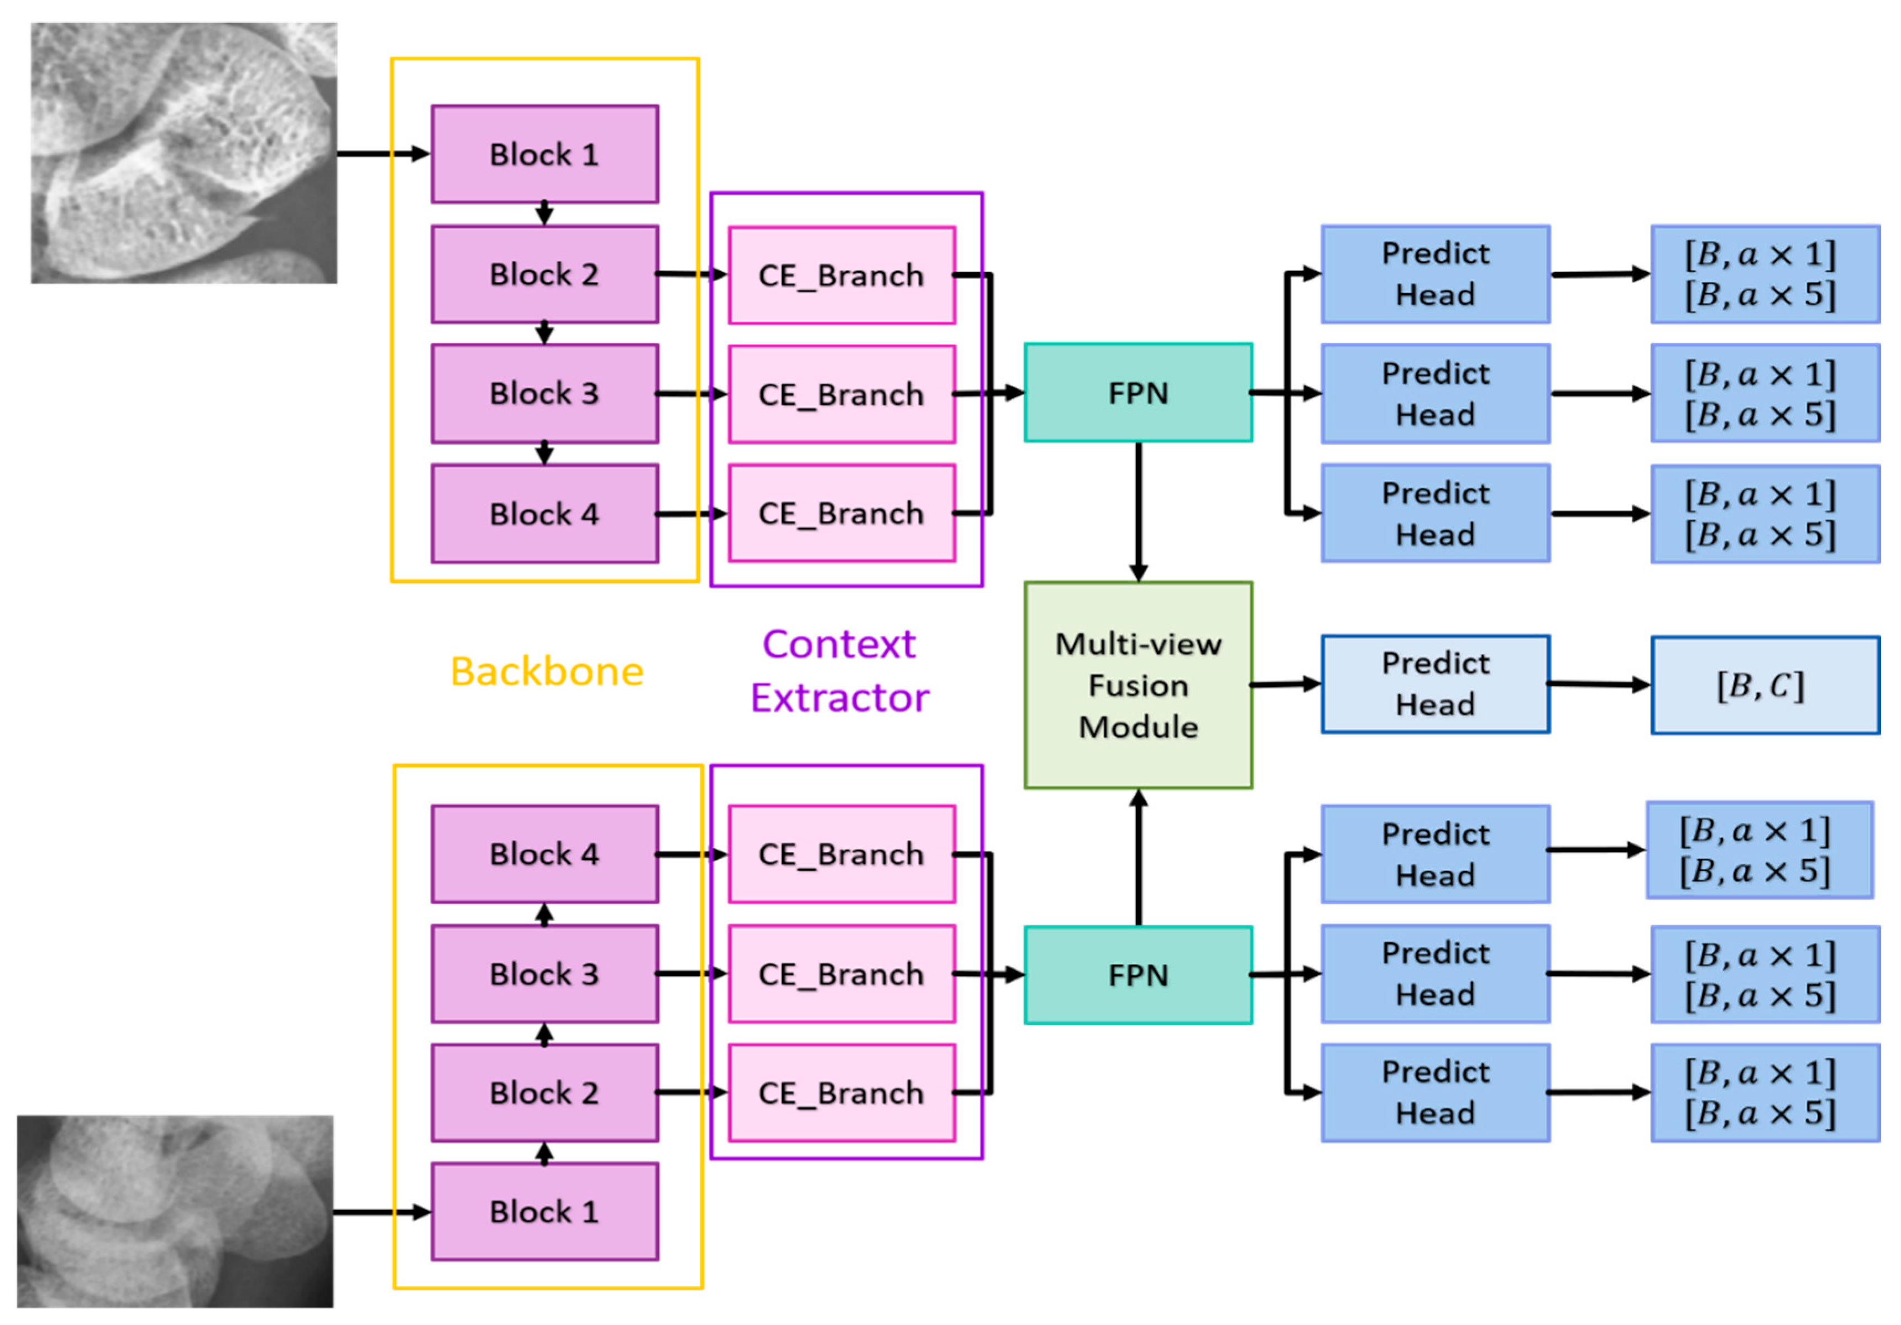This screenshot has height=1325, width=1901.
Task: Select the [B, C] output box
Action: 1764,685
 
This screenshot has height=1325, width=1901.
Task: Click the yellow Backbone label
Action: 547,671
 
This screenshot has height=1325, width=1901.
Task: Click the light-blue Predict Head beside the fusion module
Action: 1435,684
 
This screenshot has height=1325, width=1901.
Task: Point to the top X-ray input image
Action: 184,153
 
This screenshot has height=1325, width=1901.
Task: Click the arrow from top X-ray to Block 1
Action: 383,154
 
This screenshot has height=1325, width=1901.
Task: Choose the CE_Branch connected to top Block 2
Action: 841,275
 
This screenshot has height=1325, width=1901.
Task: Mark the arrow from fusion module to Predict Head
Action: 1285,684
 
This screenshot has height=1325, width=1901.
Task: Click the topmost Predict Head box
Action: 1435,274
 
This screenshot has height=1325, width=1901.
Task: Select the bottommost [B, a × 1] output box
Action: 1764,1093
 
